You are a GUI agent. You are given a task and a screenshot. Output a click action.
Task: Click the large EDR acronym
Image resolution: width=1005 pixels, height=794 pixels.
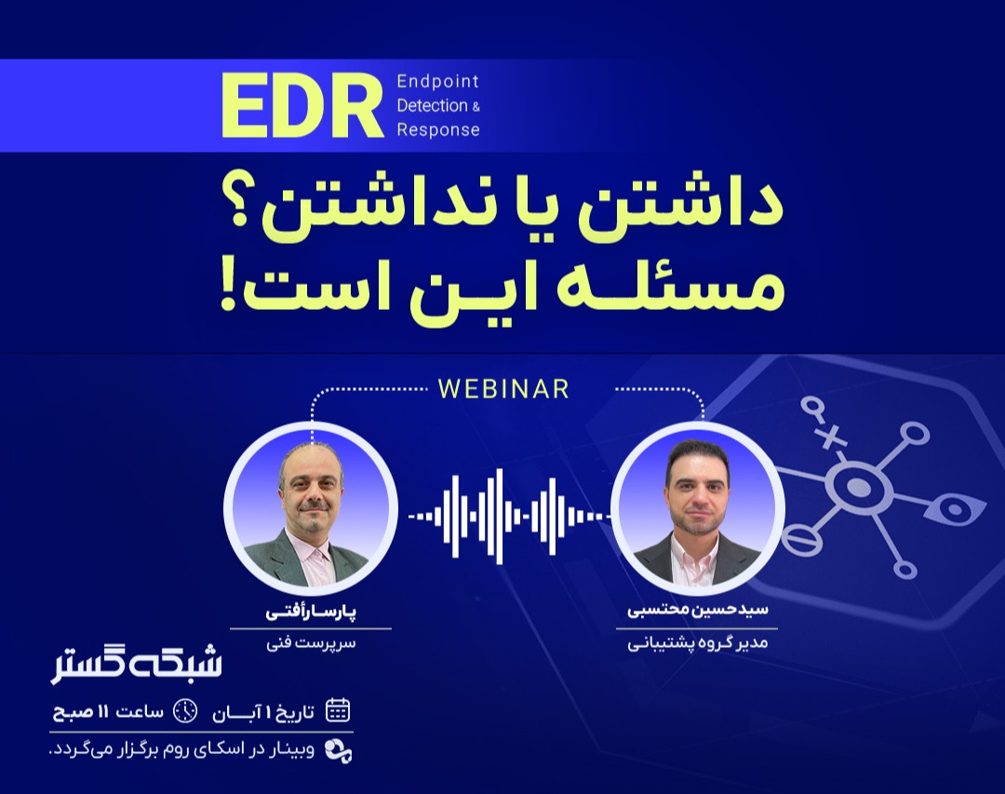[302, 106]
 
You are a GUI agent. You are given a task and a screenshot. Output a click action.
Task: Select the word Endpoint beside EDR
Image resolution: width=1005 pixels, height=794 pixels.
[436, 81]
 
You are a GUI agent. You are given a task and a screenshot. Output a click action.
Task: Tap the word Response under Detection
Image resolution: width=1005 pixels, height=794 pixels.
[437, 130]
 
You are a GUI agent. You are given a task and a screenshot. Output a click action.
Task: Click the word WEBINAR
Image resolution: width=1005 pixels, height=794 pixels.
[503, 389]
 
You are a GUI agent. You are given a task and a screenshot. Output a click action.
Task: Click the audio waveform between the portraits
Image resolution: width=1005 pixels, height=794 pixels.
[503, 514]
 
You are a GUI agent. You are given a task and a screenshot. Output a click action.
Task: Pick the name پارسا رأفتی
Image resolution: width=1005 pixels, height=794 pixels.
[311, 613]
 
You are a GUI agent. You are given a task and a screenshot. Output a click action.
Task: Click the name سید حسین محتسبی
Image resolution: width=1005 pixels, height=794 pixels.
[697, 613]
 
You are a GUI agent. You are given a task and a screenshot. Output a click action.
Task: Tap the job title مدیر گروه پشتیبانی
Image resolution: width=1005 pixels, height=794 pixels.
[697, 643]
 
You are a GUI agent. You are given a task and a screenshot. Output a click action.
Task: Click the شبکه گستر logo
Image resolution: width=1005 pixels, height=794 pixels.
[137, 664]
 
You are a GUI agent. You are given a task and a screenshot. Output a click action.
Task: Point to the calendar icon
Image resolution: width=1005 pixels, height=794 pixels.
[338, 711]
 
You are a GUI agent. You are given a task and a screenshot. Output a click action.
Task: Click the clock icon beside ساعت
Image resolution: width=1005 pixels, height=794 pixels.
[185, 711]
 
